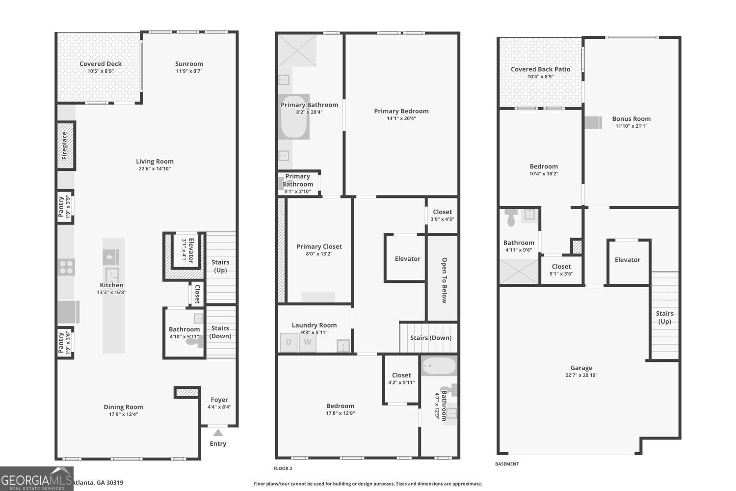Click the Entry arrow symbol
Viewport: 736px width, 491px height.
point(218,433)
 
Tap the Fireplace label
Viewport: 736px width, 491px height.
point(64,145)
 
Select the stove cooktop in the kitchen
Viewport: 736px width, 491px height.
point(66,267)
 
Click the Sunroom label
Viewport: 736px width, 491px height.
point(189,64)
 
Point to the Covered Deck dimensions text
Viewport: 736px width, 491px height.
point(101,71)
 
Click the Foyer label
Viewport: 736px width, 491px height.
point(219,400)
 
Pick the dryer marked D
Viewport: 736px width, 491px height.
point(289,342)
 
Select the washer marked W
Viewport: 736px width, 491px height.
point(307,342)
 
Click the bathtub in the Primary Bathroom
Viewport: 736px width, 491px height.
point(294,117)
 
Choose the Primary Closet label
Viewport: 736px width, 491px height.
point(319,246)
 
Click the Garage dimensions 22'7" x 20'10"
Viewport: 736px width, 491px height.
point(581,375)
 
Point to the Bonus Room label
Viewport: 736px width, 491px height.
point(631,119)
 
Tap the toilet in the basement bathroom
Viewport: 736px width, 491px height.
point(511,218)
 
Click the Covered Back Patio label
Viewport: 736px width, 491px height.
point(540,69)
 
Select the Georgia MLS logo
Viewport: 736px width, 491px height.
point(36,479)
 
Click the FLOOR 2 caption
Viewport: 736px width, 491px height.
point(283,468)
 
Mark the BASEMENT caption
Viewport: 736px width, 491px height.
point(507,464)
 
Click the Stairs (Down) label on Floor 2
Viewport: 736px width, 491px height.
point(431,337)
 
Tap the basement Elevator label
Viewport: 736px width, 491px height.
point(627,260)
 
